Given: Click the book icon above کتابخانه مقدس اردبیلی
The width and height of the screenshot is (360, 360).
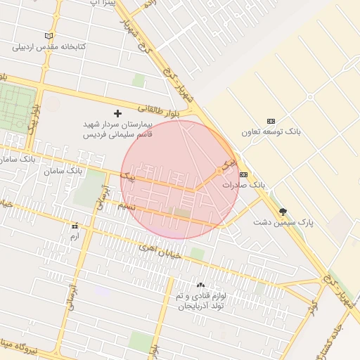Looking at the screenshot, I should pyautogui.click(x=49, y=36).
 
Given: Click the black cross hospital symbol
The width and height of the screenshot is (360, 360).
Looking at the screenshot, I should pyautogui.click(x=117, y=113).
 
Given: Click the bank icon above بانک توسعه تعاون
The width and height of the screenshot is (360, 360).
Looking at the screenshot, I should pyautogui.click(x=271, y=121).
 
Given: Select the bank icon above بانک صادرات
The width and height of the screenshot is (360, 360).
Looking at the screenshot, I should pyautogui.click(x=244, y=174).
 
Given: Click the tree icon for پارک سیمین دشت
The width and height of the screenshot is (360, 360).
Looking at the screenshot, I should pyautogui.click(x=283, y=211).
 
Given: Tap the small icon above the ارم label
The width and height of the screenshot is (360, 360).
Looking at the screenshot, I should pyautogui.click(x=75, y=226).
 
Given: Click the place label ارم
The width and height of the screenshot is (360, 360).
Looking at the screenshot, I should pyautogui.click(x=75, y=237).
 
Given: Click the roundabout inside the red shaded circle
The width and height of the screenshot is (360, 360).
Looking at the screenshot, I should pyautogui.click(x=219, y=171).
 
